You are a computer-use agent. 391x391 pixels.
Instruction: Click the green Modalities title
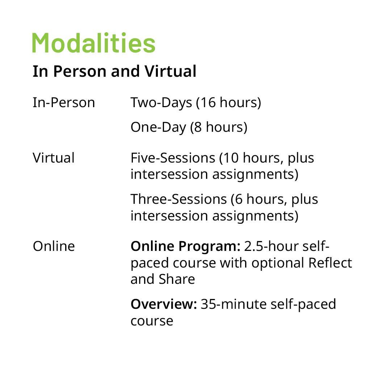(94, 43)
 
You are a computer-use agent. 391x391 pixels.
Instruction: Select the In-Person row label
(64, 103)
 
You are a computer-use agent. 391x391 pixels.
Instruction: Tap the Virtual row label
(54, 158)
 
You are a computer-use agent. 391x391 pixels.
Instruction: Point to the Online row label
(54, 247)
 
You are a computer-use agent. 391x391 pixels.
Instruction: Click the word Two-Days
(161, 103)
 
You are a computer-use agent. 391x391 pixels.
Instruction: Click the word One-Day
(158, 127)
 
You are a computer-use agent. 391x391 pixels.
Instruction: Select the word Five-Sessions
(173, 158)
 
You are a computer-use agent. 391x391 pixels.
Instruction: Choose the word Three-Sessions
(178, 199)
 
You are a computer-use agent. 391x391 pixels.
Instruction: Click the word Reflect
(330, 263)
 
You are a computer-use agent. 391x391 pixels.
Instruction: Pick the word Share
(177, 279)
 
